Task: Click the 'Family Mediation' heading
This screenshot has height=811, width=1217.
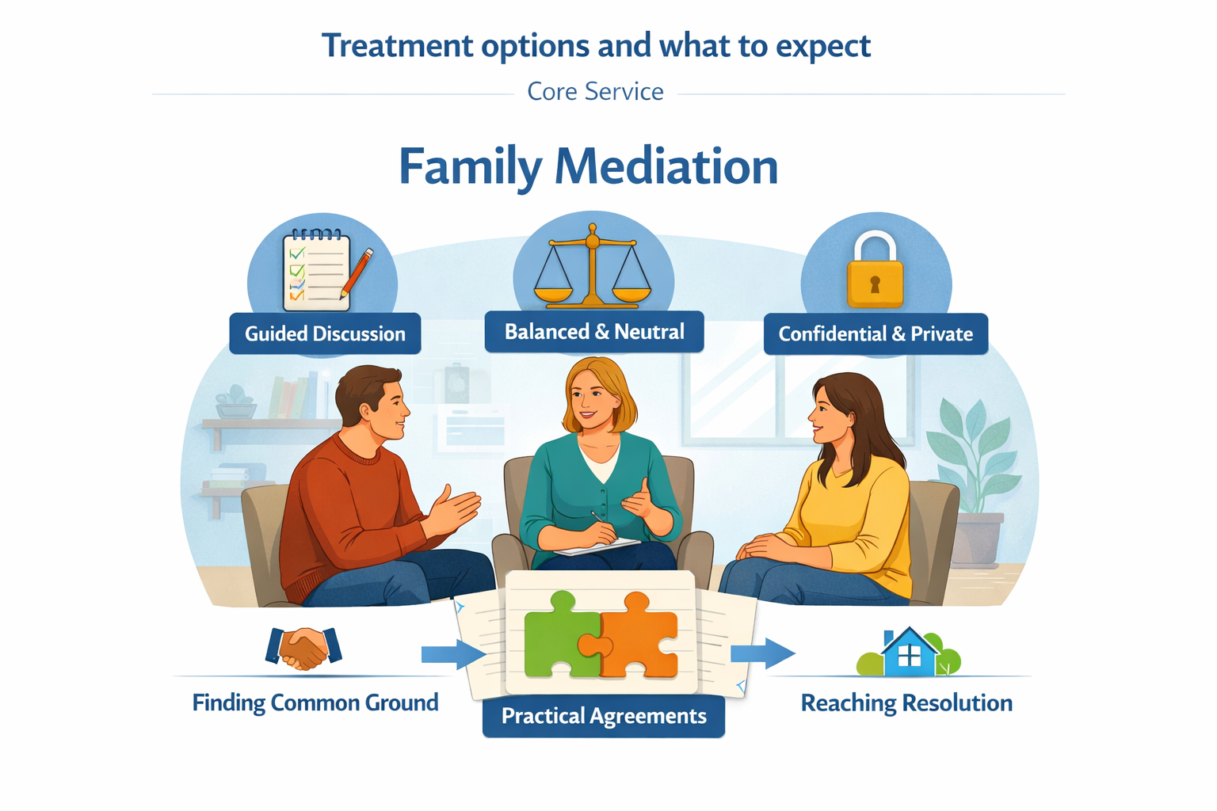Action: [588, 167]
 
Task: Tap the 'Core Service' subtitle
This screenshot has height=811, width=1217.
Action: [595, 92]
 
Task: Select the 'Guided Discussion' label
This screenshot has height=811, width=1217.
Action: [325, 334]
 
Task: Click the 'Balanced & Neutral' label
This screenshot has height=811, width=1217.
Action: [594, 332]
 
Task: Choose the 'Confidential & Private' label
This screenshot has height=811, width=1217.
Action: [876, 334]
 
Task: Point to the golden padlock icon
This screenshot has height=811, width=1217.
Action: [875, 271]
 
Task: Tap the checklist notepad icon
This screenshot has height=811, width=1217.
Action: [316, 270]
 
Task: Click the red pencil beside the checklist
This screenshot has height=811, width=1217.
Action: [357, 273]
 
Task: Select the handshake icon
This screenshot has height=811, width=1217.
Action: [303, 648]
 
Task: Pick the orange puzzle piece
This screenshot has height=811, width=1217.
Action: [639, 638]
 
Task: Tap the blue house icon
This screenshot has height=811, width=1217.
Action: [909, 653]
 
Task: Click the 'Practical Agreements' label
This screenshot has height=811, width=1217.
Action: [604, 716]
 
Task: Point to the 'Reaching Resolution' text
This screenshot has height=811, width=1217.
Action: [906, 703]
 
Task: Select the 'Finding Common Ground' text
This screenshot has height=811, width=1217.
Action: [315, 703]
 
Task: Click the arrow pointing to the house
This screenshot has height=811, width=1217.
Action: [762, 653]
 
